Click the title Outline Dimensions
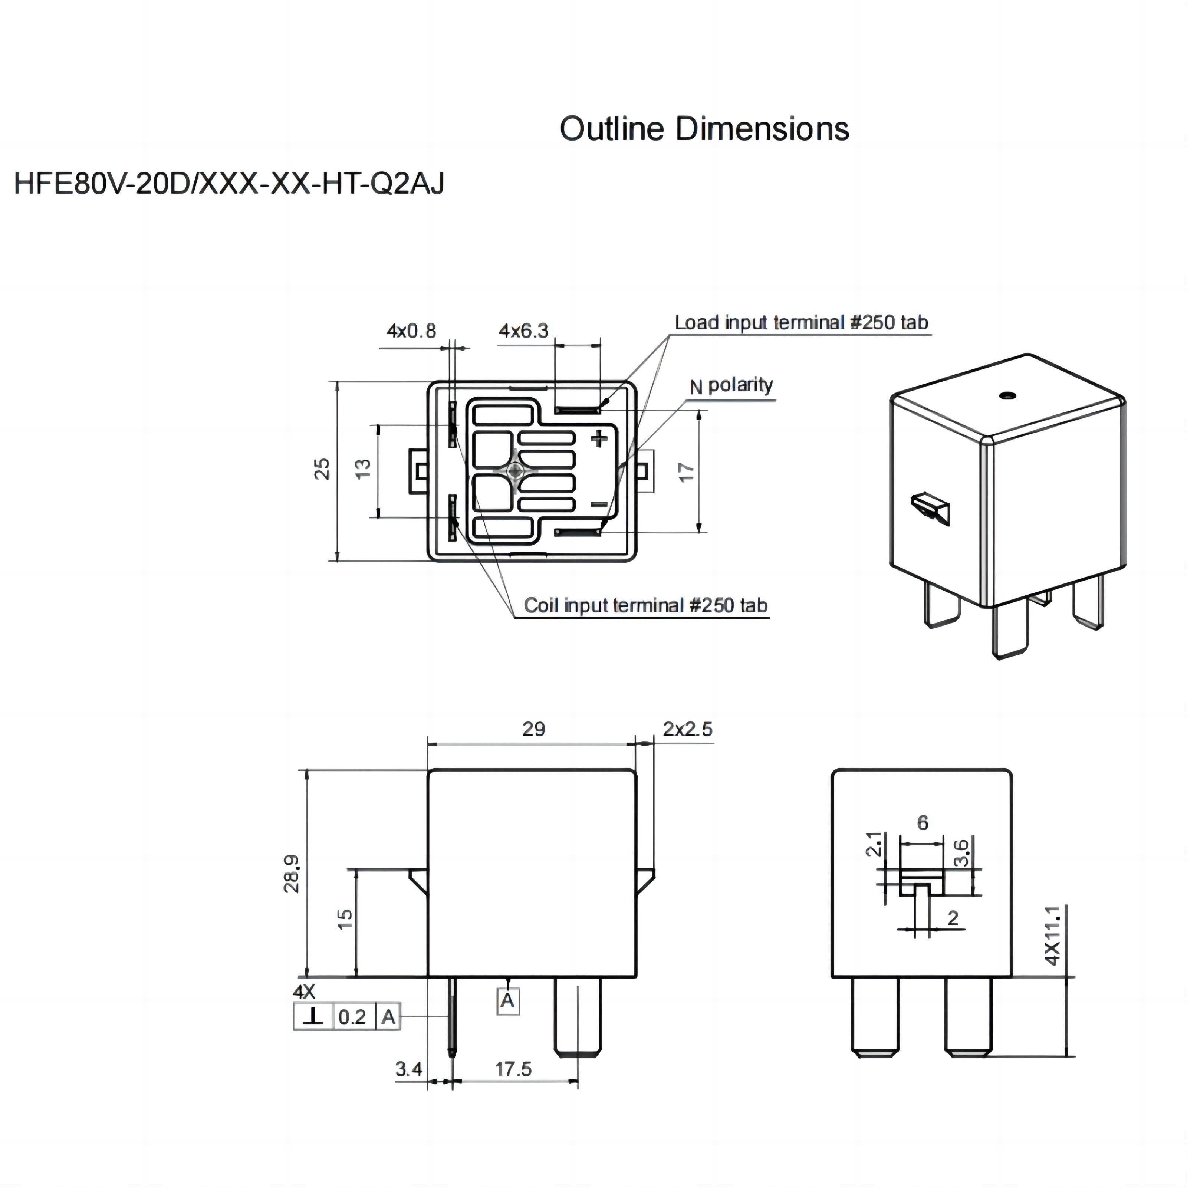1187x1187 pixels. (x=704, y=129)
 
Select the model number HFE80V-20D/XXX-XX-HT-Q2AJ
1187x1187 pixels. (x=228, y=184)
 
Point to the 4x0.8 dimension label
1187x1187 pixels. (x=411, y=331)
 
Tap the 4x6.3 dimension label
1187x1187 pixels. (x=523, y=331)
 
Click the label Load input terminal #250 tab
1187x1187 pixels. (x=801, y=323)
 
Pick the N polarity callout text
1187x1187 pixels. (x=731, y=385)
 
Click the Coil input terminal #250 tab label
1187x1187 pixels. (x=645, y=606)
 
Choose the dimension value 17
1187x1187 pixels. (x=686, y=472)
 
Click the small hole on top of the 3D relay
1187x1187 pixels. (x=1006, y=395)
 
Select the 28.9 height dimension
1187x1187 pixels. (x=292, y=874)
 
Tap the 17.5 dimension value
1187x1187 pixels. (x=514, y=1069)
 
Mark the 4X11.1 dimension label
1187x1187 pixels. (x=1052, y=935)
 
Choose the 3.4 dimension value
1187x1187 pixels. (x=408, y=1069)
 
